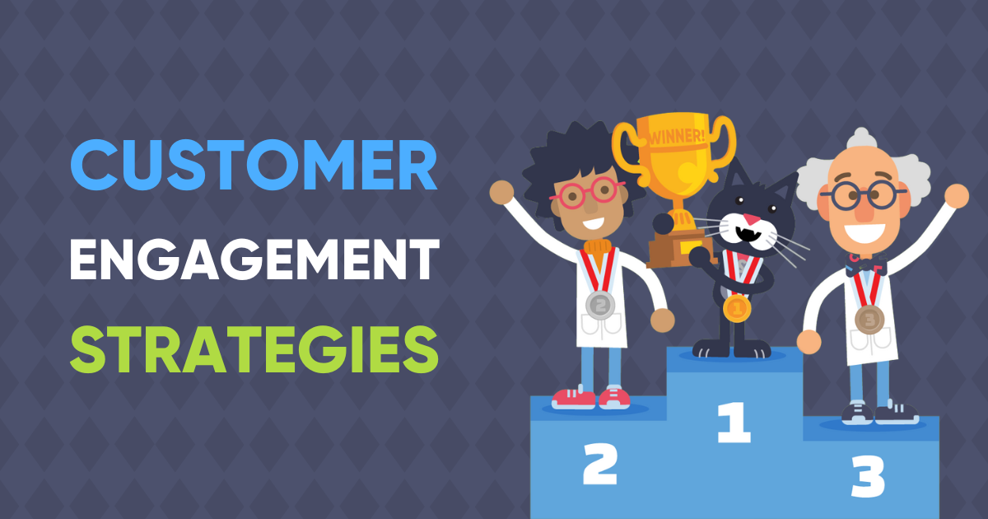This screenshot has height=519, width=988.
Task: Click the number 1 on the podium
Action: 734,422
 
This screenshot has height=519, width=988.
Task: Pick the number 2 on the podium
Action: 599,465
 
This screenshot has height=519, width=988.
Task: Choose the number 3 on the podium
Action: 866,476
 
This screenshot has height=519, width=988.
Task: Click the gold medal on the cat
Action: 737,308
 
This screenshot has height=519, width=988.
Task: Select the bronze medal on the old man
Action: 869,318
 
